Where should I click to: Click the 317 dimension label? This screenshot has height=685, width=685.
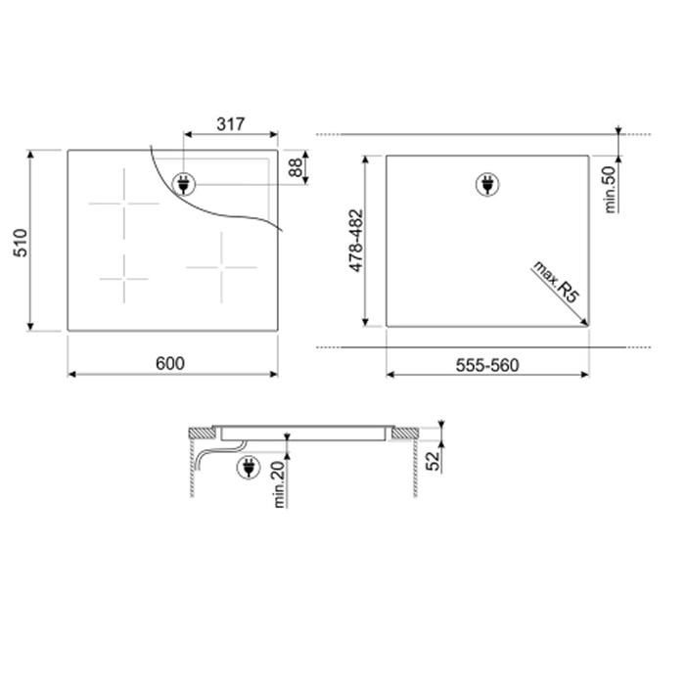pos(231,124)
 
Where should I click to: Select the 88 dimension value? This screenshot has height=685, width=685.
pos(296,167)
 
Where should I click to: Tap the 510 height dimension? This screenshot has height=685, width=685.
pos(21,243)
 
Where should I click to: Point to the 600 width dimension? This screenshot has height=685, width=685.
pos(170,363)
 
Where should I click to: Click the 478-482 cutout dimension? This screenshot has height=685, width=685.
pos(356,241)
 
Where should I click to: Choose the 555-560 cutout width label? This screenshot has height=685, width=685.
pos(487,365)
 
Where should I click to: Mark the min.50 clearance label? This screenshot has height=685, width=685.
pos(611,190)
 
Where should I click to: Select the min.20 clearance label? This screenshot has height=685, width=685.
pos(279,484)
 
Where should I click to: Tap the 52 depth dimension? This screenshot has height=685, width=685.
pos(433,461)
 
